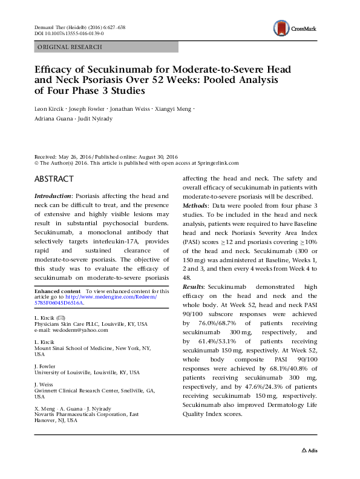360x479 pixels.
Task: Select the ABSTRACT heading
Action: tap(54, 179)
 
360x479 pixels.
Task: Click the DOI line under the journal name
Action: tap(67, 34)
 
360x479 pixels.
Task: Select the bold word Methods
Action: tap(197, 205)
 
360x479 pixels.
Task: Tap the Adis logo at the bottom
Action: tap(311, 467)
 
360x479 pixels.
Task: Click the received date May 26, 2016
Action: tap(78, 156)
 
